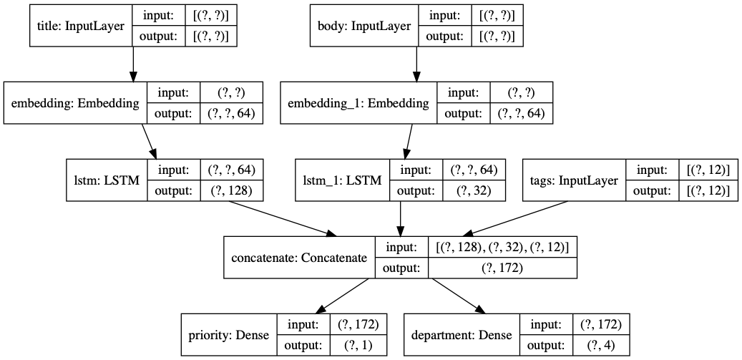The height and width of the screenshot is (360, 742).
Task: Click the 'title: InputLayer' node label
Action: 80,26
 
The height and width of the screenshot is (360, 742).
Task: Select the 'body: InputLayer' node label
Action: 363,26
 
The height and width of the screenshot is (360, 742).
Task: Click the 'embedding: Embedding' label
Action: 75,103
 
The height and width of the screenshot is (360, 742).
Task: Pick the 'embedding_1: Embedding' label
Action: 358,103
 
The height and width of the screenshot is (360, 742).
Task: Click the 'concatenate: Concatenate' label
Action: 298,258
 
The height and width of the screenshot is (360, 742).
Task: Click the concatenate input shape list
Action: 502,247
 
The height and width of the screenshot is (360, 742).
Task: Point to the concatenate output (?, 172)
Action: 502,268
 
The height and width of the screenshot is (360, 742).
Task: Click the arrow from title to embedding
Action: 132,64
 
